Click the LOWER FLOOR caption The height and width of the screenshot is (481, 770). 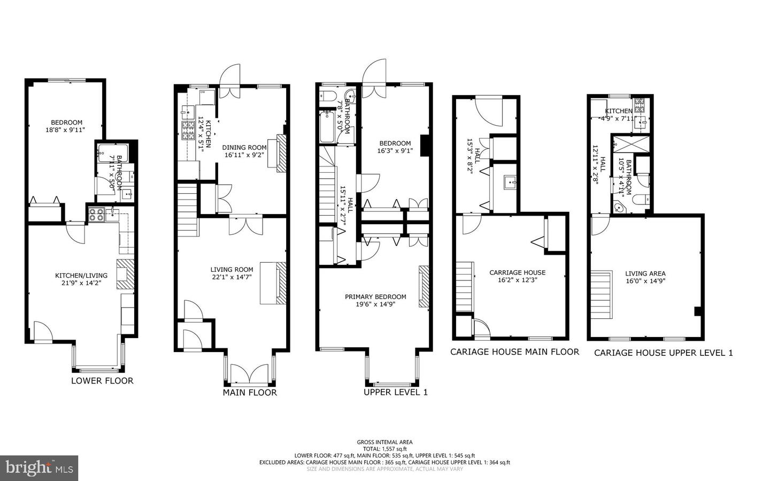tap(102, 380)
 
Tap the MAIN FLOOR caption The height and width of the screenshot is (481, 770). tap(250, 392)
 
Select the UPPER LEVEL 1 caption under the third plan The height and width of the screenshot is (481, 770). tap(396, 392)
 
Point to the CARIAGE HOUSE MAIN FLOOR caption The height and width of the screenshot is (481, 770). tap(514, 352)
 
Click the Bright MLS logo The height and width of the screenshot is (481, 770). tap(39, 468)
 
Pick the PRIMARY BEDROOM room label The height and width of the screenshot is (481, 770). tap(375, 297)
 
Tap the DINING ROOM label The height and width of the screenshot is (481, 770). tap(244, 148)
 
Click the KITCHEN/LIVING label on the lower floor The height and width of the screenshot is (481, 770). tap(81, 276)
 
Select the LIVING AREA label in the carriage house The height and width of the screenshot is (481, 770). tap(645, 273)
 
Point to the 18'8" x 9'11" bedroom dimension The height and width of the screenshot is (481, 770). tap(66, 129)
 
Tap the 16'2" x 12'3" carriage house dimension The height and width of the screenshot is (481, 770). tap(517, 279)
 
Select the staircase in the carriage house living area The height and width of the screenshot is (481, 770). tap(602, 294)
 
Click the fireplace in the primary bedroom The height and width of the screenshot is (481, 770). tap(424, 286)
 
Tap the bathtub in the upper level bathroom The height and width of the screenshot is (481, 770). tap(327, 126)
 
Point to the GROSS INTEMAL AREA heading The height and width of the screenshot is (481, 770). tap(385, 442)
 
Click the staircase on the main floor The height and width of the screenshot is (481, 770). tap(187, 210)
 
